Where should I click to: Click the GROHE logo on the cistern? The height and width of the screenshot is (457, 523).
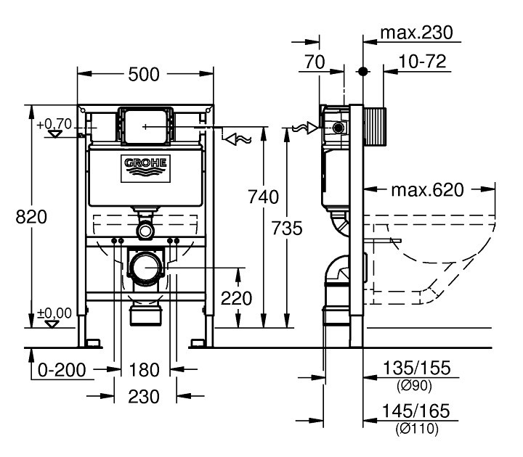coord(145,168)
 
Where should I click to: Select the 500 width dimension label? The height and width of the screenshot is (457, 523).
coord(144,74)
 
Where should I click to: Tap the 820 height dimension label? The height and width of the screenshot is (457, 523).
coord(31,217)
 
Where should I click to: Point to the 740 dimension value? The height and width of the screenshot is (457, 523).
coord(263,197)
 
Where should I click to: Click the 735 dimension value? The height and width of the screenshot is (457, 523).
coord(287,228)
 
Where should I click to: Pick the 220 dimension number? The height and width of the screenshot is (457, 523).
coord(237,298)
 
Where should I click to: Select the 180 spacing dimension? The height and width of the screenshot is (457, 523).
coord(144,370)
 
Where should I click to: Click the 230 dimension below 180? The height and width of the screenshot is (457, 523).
coord(144,396)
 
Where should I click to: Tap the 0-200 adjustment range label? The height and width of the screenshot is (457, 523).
coord(62,370)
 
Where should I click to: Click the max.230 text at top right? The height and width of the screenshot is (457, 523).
coord(417,33)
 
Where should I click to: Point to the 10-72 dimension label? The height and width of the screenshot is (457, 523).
coord(422,62)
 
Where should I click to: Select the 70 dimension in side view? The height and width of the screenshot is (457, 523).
coord(315,62)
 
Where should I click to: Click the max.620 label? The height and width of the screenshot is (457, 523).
coord(428,190)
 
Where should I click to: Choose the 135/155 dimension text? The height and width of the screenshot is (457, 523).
coord(417,368)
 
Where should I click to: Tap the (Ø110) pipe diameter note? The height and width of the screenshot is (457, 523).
coord(417,429)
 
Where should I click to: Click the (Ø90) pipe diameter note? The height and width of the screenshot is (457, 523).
coord(414,385)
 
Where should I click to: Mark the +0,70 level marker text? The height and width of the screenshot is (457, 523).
coord(54,124)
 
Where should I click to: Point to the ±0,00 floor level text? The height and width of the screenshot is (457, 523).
coord(54,313)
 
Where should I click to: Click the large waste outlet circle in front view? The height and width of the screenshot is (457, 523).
coord(145,268)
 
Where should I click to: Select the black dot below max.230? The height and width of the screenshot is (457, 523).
coord(363,71)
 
